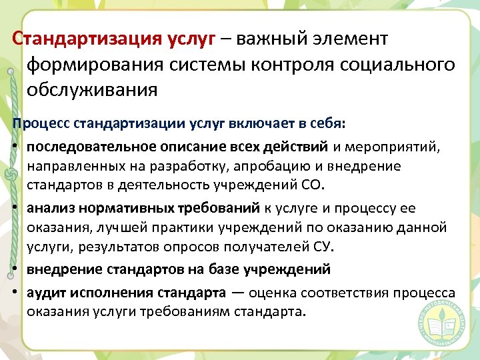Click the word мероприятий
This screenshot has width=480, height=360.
(x=394, y=146)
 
